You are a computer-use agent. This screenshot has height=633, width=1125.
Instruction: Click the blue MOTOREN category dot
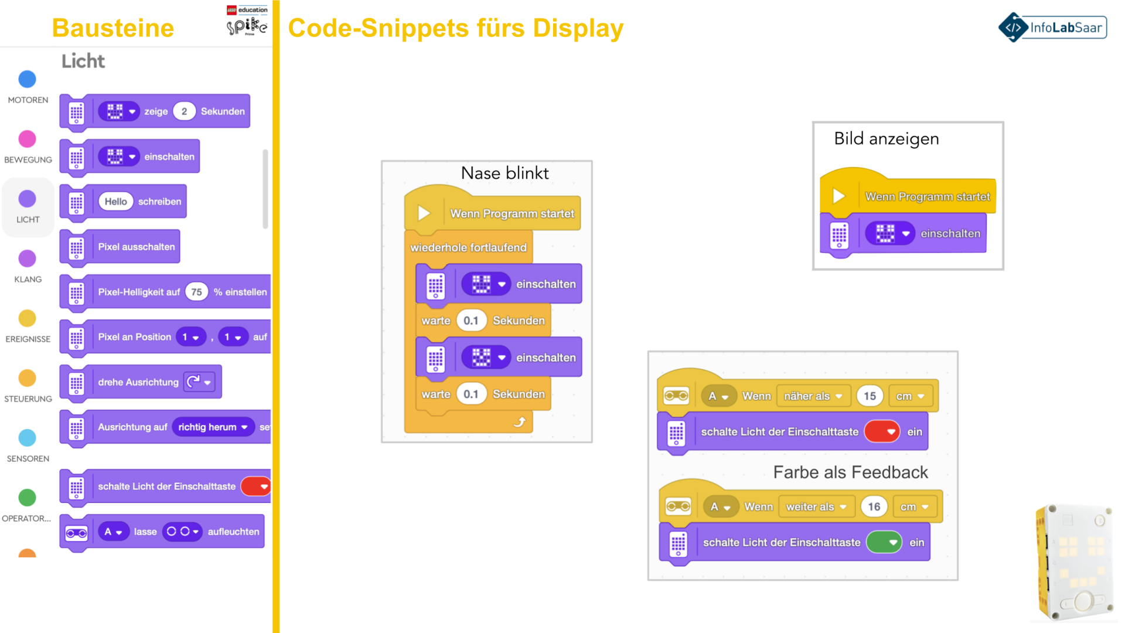(27, 79)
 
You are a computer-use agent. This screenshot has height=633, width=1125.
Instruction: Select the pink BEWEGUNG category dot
(27, 139)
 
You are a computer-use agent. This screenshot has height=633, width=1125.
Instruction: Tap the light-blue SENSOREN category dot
(27, 438)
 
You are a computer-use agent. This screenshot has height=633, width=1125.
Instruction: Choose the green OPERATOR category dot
(27, 498)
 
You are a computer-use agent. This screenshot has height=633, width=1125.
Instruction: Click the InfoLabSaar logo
(1052, 28)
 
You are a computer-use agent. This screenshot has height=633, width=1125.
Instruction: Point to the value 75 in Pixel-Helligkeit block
(196, 292)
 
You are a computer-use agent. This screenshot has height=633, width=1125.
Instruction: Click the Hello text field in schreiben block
(115, 202)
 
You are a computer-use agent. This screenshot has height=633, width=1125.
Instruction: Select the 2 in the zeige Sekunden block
(184, 111)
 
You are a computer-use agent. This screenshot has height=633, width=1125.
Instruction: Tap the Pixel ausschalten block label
(136, 247)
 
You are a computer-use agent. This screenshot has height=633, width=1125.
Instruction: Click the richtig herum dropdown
(213, 427)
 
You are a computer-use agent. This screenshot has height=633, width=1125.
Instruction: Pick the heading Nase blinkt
(504, 173)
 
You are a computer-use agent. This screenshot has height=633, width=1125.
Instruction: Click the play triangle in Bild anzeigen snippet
(839, 196)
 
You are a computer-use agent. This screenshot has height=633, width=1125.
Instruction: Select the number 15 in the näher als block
(870, 396)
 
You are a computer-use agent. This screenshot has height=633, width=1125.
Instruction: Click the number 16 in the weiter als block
(874, 506)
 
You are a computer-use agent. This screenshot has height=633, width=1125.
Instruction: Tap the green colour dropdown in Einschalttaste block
(884, 542)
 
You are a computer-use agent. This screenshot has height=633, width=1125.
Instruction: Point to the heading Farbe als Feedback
(850, 472)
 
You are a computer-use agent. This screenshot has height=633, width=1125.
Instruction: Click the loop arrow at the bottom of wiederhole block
(520, 421)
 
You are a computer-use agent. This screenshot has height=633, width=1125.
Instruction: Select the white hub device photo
(1075, 563)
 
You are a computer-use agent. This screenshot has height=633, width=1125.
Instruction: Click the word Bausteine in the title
(113, 28)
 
